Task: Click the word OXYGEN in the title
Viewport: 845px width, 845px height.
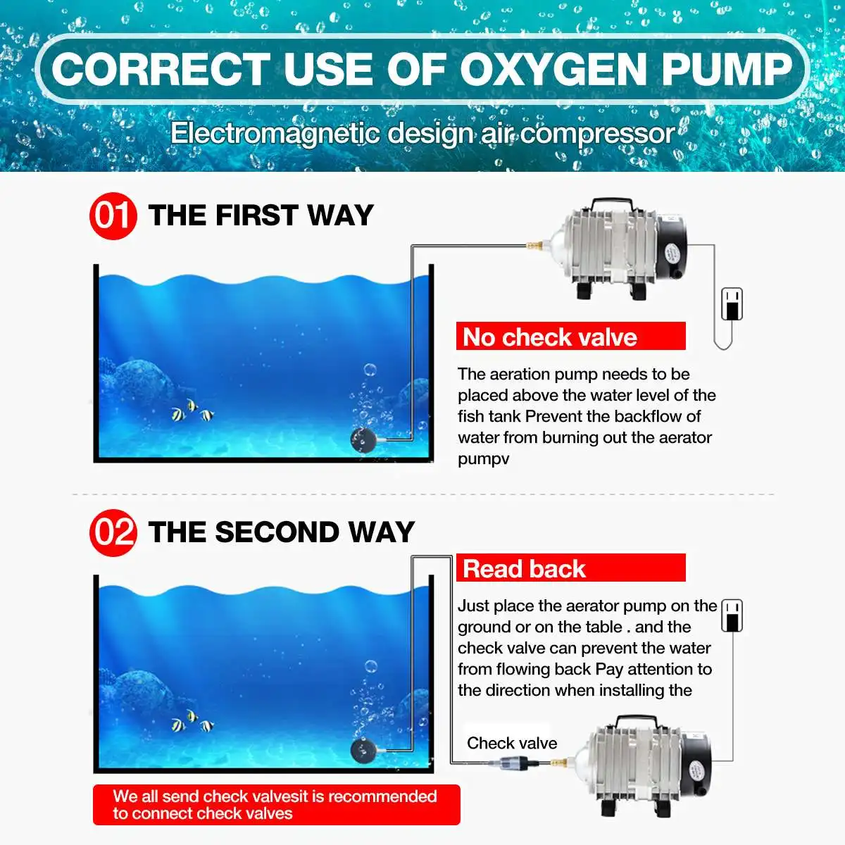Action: coord(554,70)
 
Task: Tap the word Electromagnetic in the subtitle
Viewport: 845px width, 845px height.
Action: coord(275,134)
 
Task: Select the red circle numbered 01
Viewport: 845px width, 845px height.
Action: coord(113,215)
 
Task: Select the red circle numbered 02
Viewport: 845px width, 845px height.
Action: coord(113,533)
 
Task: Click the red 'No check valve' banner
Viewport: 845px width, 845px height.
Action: coord(570,336)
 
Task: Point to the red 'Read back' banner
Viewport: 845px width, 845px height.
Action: coord(570,568)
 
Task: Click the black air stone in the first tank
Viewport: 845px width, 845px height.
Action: coord(363,441)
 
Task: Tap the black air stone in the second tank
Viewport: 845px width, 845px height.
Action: coord(363,751)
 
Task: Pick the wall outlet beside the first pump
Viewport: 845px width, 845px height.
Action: coord(732,304)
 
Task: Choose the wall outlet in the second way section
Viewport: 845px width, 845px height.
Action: coord(732,615)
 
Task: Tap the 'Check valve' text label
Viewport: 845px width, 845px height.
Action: coord(512,744)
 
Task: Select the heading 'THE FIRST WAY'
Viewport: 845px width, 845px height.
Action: coord(261,215)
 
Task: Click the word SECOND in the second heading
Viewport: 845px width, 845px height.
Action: coord(277,532)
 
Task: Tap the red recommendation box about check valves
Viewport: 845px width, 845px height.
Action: coord(277,805)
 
